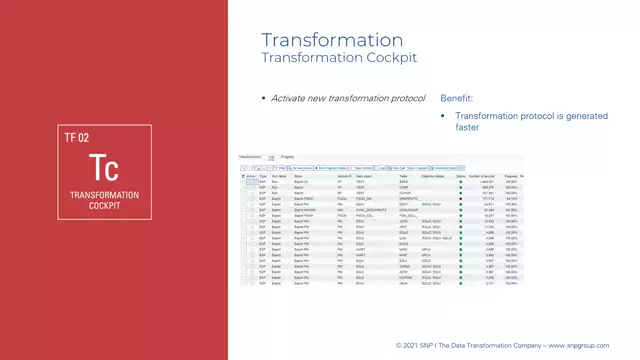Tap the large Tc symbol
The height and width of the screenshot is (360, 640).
click(104, 167)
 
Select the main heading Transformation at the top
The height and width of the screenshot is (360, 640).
click(331, 40)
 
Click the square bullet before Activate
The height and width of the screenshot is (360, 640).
click(264, 98)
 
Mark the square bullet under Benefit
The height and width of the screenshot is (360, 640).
click(444, 117)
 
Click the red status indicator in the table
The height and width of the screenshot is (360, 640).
click(460, 199)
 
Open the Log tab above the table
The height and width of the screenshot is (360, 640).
click(270, 158)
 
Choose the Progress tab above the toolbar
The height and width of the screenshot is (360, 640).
click(287, 158)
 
